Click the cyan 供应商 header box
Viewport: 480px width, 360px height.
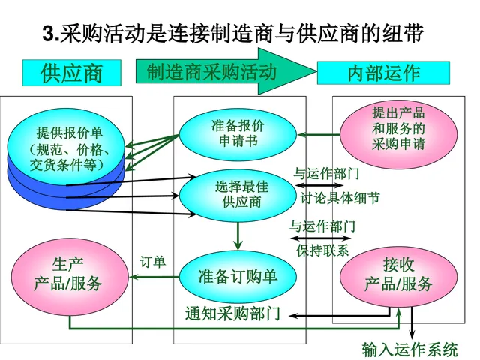(x=71, y=73)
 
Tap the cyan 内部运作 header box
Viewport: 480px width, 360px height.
(x=383, y=73)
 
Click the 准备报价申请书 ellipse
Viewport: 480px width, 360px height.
(x=238, y=132)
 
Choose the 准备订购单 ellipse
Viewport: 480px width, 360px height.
(x=238, y=276)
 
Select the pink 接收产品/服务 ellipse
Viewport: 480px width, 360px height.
(x=398, y=274)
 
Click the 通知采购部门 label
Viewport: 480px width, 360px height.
(x=233, y=313)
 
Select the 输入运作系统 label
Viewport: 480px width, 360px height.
(x=409, y=349)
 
